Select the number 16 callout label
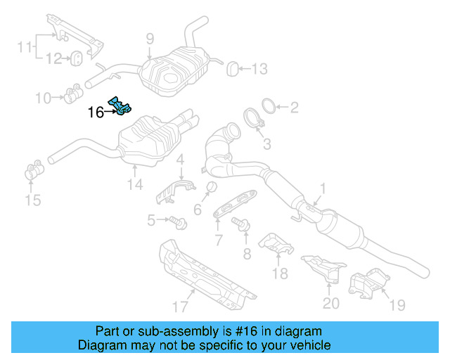95,112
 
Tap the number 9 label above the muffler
149,39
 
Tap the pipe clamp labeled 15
33,172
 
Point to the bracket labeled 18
276,245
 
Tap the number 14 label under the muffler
135,185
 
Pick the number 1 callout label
323,188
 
